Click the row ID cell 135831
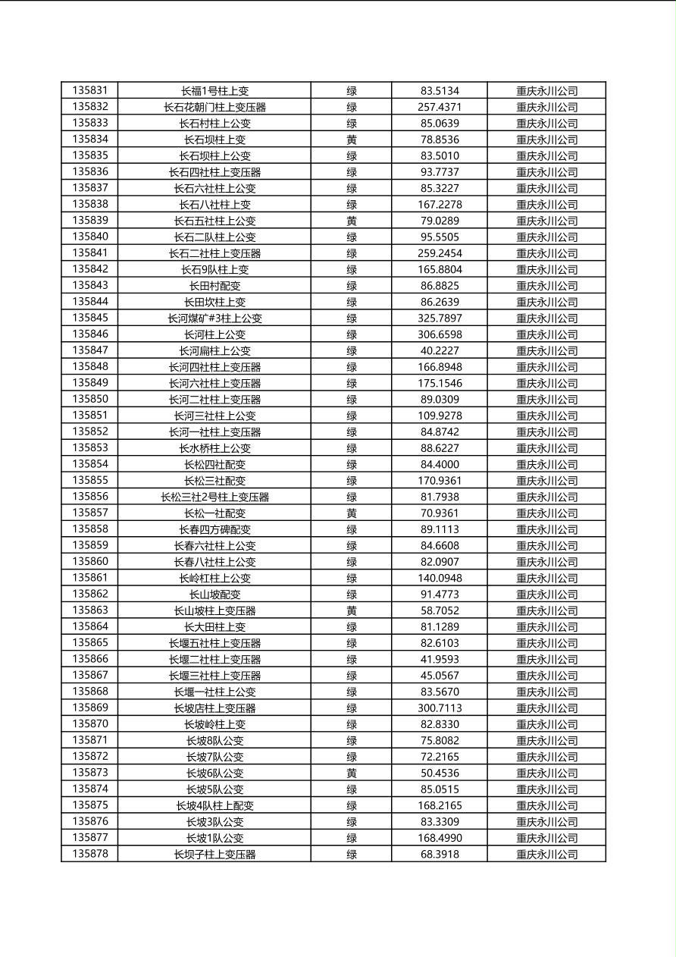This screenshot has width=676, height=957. pos(90,90)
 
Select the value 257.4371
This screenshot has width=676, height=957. pos(440,107)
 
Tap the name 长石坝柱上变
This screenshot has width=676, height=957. pos(214,140)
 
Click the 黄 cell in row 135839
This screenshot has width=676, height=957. pos(352,221)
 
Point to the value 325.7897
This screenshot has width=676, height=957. pos(440,318)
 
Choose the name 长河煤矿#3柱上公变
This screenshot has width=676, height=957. pos(214,318)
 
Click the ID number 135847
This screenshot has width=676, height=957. pos(90,350)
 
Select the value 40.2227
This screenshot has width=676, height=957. pos(440,350)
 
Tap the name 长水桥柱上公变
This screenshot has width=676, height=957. pos(214,448)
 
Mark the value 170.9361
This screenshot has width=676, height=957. pos(440,481)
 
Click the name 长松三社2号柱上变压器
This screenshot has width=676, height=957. pos(214,497)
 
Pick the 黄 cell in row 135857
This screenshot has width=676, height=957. pos(352,513)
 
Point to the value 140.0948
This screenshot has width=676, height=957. pos(440,578)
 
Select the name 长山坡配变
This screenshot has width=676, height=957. pos(214,595)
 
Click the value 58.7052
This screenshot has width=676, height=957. pos(440,610)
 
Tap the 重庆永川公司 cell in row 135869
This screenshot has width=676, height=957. pos(546,708)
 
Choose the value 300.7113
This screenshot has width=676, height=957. pos(440,708)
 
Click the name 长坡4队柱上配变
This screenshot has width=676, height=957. pos(214,805)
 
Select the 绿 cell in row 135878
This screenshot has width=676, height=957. pos(352,855)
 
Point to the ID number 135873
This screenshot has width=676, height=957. pos(90,773)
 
